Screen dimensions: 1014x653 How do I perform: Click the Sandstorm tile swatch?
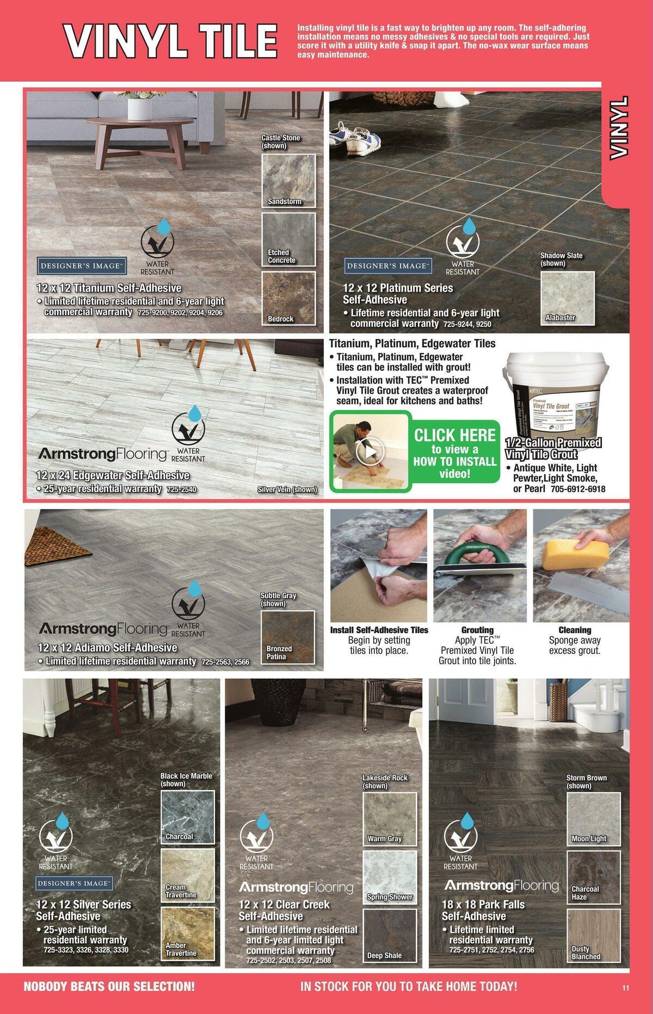288,180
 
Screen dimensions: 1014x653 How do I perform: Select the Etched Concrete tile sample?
288,239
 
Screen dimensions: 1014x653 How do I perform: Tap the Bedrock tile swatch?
288,298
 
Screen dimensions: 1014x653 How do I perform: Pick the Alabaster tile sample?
568,297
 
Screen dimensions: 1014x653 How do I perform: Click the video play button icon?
369,452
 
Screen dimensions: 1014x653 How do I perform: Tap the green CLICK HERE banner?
454,452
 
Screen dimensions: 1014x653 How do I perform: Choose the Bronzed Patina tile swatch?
287,637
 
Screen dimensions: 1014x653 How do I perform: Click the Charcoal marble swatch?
187,817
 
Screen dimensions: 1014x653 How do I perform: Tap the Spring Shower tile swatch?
389,877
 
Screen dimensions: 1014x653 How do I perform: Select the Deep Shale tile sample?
389,936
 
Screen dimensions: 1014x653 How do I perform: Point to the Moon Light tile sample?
593,818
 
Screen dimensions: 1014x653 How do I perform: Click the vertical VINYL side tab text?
619,128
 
